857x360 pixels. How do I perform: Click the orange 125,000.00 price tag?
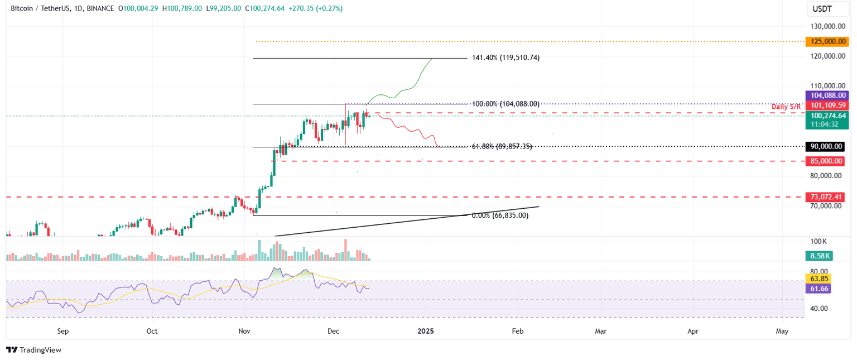(x=826, y=41)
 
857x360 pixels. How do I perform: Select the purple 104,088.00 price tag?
(x=826, y=95)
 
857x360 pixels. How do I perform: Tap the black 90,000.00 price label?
(x=826, y=146)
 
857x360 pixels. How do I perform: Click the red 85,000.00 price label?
(x=826, y=161)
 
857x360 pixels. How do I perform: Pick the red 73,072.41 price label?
(x=826, y=197)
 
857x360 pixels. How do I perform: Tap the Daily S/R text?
(x=786, y=107)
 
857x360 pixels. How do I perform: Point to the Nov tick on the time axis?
(x=244, y=331)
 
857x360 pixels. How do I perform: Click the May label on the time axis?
(x=782, y=331)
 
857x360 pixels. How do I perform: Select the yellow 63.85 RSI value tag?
(x=818, y=279)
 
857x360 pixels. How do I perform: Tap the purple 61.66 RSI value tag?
(x=818, y=289)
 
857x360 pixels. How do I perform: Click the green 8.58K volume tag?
(x=818, y=256)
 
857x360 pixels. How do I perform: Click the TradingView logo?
(x=33, y=350)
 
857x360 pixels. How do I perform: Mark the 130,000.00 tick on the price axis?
(x=826, y=26)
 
